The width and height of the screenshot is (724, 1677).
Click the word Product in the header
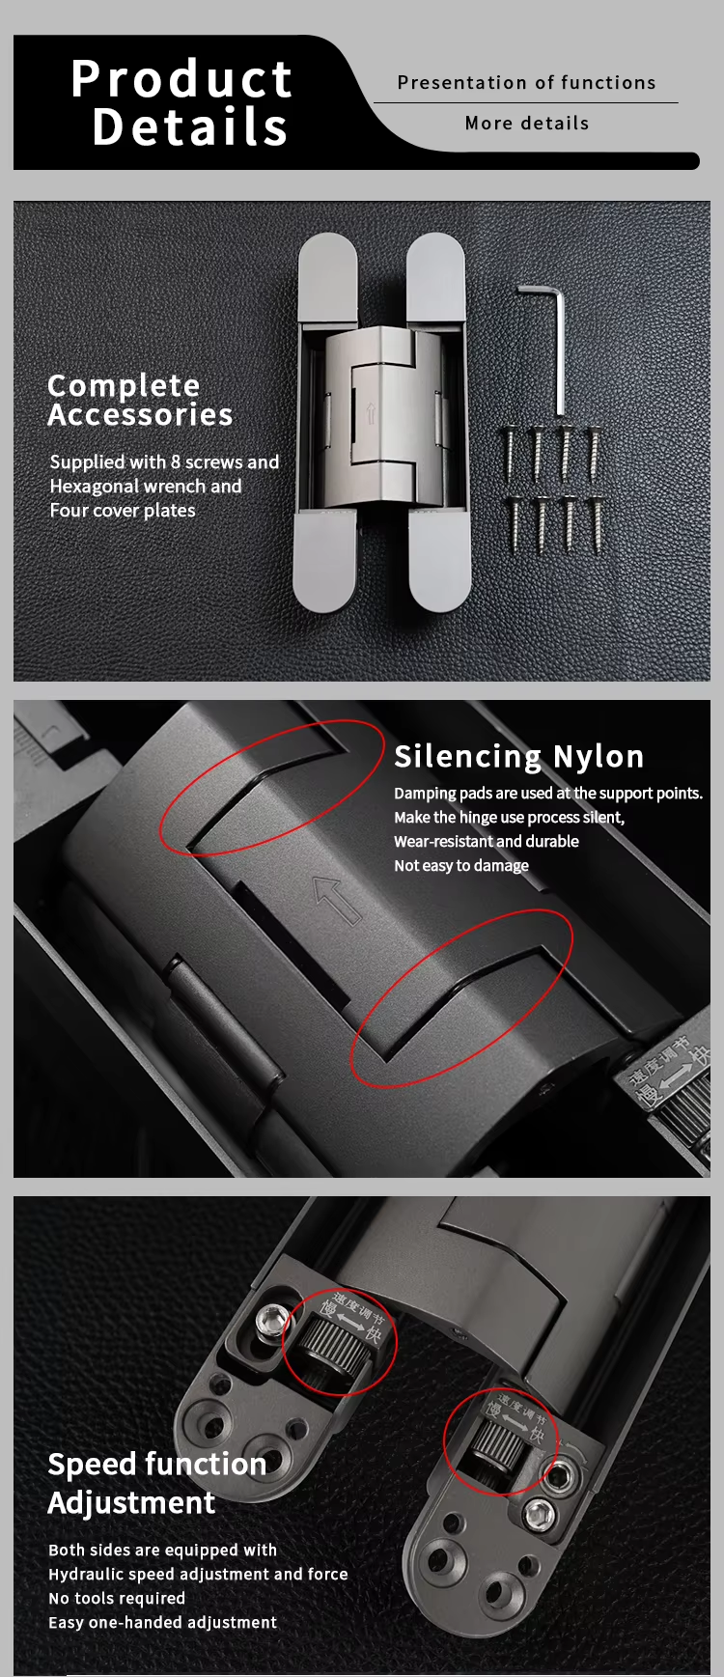click(182, 78)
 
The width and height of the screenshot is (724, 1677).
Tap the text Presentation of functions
click(526, 83)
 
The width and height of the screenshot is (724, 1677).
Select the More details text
click(526, 124)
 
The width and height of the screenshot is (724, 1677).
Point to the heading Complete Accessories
click(140, 400)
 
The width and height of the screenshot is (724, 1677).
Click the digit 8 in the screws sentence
click(176, 462)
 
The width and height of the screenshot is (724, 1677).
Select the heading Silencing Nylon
click(519, 757)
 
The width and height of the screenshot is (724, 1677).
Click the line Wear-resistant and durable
click(487, 841)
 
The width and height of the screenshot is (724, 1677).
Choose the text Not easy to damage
click(461, 866)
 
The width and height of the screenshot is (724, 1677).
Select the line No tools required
click(117, 1598)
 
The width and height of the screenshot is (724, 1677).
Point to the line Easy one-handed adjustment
click(162, 1622)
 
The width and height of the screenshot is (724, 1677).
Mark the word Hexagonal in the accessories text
click(94, 487)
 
